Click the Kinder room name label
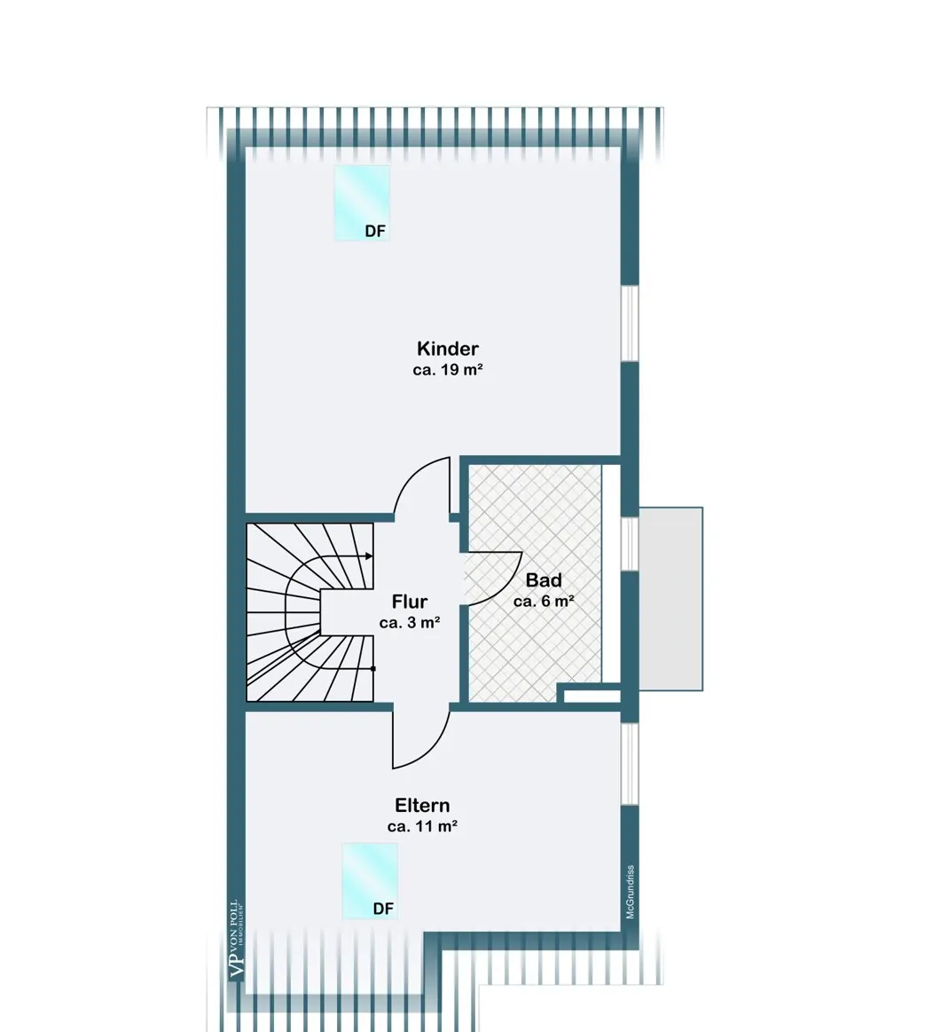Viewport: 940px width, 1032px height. click(x=447, y=348)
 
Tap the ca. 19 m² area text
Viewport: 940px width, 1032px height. click(x=448, y=370)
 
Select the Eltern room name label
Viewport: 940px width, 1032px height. click(x=422, y=805)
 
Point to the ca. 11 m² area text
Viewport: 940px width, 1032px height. click(x=422, y=827)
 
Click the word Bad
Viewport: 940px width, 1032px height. click(x=544, y=579)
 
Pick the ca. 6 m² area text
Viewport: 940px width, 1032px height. click(x=544, y=602)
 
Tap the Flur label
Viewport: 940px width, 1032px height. click(x=409, y=601)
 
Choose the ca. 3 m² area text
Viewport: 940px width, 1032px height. click(x=410, y=623)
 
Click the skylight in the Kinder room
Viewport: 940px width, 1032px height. click(x=362, y=202)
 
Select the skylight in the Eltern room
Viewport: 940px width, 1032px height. click(x=370, y=880)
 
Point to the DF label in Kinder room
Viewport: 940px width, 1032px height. click(x=375, y=232)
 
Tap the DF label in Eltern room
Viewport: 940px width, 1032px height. click(x=383, y=909)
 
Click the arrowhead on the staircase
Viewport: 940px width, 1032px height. click(x=369, y=556)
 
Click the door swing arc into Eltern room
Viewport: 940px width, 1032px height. click(x=431, y=749)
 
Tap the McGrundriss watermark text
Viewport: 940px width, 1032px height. click(x=631, y=892)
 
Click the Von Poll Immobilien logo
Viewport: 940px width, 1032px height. click(x=237, y=940)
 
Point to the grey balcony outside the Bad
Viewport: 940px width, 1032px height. click(x=671, y=599)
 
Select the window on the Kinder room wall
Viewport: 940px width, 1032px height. click(x=631, y=323)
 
